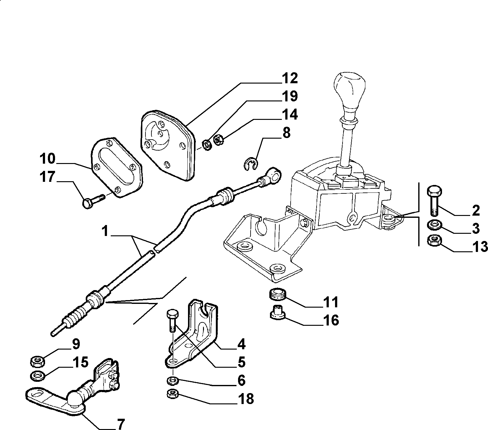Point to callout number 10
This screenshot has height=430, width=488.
(47, 159)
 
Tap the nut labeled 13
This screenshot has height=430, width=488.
(434, 240)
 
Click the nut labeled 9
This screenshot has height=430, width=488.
(38, 362)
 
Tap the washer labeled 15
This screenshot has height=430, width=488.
(38, 375)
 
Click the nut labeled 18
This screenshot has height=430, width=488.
(172, 393)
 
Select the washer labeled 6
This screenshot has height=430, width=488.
(172, 381)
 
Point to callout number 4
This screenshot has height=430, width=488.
(241, 344)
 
